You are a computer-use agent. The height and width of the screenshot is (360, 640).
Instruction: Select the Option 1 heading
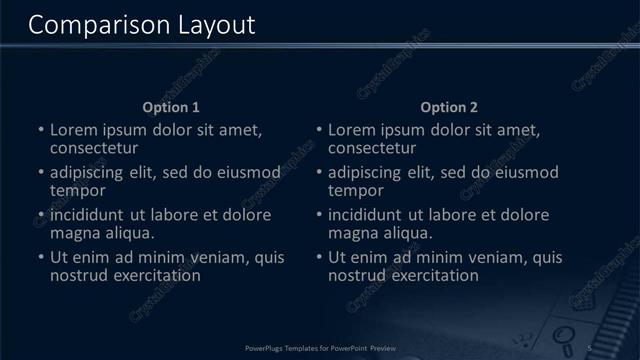point(171,107)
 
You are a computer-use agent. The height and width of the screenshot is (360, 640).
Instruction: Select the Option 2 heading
point(449,107)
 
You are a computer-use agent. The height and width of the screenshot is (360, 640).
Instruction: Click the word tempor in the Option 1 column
point(78,190)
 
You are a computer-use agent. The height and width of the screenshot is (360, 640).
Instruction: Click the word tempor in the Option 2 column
point(356,190)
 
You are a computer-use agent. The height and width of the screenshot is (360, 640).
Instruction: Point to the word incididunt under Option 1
point(87,215)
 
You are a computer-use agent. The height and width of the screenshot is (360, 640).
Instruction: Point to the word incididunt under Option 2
point(365,215)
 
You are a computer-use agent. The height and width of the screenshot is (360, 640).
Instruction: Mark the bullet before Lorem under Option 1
point(40,131)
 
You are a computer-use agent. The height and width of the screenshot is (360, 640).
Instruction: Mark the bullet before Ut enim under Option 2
point(318,258)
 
